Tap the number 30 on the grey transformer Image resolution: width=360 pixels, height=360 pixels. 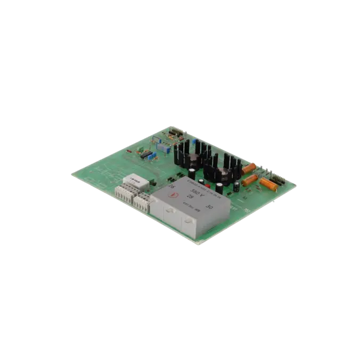(x=210, y=206)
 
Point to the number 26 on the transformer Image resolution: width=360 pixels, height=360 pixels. (x=172, y=187)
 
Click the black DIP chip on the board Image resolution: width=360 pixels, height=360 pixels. (x=145, y=154)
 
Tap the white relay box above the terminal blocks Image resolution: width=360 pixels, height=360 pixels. (x=136, y=182)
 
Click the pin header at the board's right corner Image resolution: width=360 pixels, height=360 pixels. (x=277, y=177)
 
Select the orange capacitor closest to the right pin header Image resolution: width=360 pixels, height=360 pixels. (x=268, y=184)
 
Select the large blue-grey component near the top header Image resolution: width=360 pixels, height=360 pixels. (x=159, y=145)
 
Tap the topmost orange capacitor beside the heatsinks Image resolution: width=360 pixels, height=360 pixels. (x=249, y=168)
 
